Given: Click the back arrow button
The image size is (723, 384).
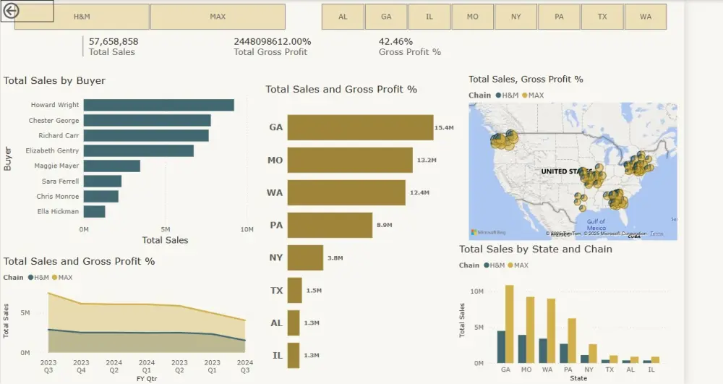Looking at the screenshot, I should point(11,11).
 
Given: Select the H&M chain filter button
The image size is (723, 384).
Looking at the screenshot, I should point(82,17).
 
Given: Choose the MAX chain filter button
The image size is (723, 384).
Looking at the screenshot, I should point(218,17).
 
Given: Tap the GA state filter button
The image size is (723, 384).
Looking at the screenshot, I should point(386,17).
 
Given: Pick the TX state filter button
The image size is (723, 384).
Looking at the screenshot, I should point(602,17).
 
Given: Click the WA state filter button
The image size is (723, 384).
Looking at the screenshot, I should point(646,17).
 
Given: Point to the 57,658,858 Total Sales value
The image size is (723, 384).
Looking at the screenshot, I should point(114,42).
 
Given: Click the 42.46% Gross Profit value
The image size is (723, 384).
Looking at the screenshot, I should point(395,42).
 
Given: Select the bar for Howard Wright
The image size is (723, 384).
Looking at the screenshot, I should point(158,106).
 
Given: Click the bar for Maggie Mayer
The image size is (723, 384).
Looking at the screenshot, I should point(111,166).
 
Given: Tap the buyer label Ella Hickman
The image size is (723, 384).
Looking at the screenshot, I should point(58,212).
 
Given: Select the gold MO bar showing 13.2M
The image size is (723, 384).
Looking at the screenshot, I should point(350,160).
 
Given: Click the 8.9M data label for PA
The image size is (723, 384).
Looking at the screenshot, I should point(384,226).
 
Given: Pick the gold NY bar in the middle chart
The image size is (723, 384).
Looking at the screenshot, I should point(305,258).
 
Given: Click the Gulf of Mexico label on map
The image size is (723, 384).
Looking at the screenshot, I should point(596,225).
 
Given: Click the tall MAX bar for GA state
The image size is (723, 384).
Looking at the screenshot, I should point(510,324).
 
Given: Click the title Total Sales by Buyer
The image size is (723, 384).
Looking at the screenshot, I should point(54,81).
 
